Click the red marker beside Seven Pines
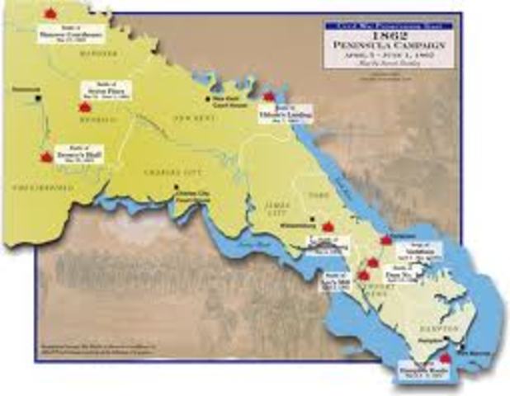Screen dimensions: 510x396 pyautogui.click(x=84, y=106)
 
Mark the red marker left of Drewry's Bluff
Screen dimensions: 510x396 pyautogui.click(x=46, y=155)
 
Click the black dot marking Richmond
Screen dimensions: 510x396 pyautogui.click(x=39, y=97)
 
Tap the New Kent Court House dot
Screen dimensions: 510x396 pyautogui.click(x=207, y=98)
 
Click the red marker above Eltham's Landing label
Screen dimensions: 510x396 pyautogui.click(x=268, y=97)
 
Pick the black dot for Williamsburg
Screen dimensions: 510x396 pyautogui.click(x=312, y=219)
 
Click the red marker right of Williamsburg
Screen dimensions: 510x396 pyautogui.click(x=328, y=224)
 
